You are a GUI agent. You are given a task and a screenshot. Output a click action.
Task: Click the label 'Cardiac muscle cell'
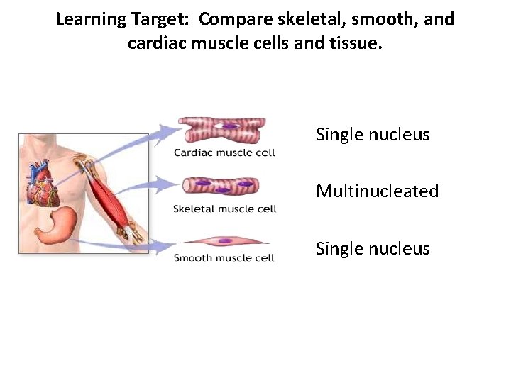pyautogui.click(x=224, y=152)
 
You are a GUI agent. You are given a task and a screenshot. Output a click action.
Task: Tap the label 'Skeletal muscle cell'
pyautogui.click(x=224, y=209)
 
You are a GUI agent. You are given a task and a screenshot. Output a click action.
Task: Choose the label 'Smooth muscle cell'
pyautogui.click(x=224, y=258)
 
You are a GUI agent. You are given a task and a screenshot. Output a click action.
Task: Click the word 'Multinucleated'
pyautogui.click(x=377, y=191)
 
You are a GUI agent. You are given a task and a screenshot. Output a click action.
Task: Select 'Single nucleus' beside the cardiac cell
pyautogui.click(x=373, y=135)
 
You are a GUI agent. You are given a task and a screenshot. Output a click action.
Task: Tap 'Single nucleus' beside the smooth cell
pyautogui.click(x=373, y=249)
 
